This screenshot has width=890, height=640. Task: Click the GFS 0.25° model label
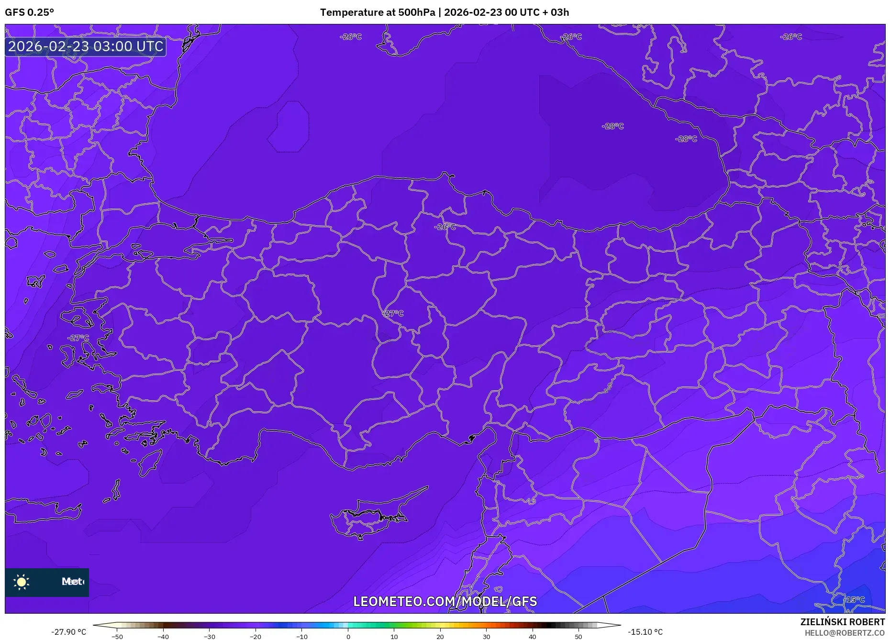pyautogui.click(x=29, y=12)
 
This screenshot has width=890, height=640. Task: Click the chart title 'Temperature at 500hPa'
pyautogui.click(x=377, y=12)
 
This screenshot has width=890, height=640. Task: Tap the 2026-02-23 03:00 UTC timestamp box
pyautogui.click(x=86, y=46)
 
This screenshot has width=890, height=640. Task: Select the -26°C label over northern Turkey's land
pyautogui.click(x=445, y=226)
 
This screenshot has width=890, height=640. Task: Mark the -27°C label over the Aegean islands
pyautogui.click(x=78, y=338)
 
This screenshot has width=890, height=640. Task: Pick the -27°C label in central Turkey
pyautogui.click(x=393, y=313)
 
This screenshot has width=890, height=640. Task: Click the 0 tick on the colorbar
pyautogui.click(x=348, y=636)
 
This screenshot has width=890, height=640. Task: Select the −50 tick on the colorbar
pyautogui.click(x=117, y=636)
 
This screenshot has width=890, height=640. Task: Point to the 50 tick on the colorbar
pyautogui.click(x=578, y=636)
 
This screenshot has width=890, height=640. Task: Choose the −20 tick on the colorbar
pyautogui.click(x=256, y=636)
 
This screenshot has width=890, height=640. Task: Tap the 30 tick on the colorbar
pyautogui.click(x=486, y=636)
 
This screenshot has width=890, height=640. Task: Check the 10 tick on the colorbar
pyautogui.click(x=394, y=636)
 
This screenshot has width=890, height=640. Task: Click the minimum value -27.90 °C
pyautogui.click(x=69, y=632)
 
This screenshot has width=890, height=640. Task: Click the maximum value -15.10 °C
pyautogui.click(x=645, y=632)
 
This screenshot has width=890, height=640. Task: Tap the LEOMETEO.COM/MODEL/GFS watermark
pyautogui.click(x=445, y=601)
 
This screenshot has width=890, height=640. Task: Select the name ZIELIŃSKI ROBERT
pyautogui.click(x=842, y=622)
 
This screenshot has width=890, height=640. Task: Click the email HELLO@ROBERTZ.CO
pyautogui.click(x=844, y=633)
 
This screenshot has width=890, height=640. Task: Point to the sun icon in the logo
pyautogui.click(x=22, y=582)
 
